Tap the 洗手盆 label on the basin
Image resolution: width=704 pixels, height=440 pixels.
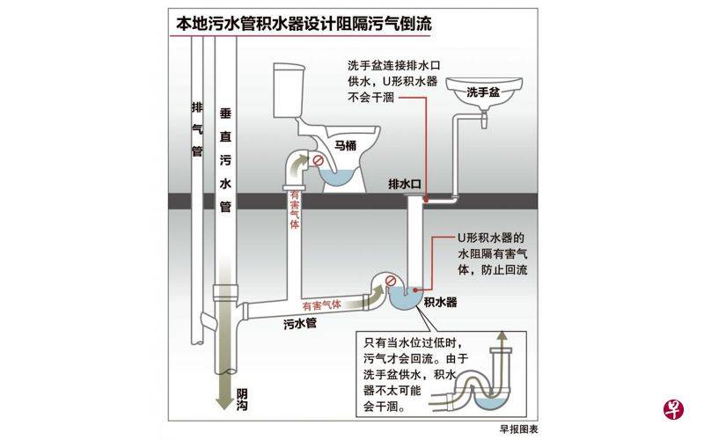pyautogui.click(x=482, y=91)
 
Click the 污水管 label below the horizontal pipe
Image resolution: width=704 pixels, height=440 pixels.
pyautogui.click(x=300, y=324)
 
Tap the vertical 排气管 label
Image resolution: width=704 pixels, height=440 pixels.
pyautogui.click(x=198, y=128)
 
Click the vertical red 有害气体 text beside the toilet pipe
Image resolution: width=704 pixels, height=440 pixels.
pyautogui.click(x=294, y=210)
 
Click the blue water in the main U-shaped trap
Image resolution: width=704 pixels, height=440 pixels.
pyautogui.click(x=406, y=299)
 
